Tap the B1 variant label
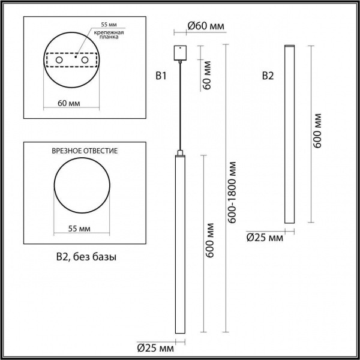(x=160, y=76)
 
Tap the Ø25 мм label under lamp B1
(x=154, y=347)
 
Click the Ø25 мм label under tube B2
(x=264, y=238)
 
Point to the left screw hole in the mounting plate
(x=59, y=61)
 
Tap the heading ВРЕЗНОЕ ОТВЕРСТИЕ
(x=85, y=152)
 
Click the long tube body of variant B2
(x=289, y=135)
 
